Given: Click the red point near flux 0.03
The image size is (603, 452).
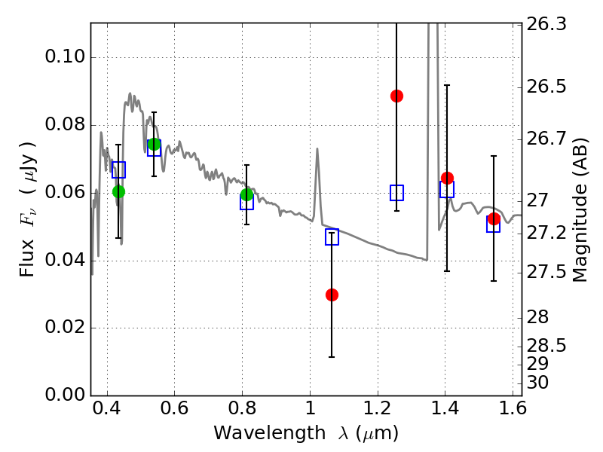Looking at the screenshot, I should click(x=332, y=295).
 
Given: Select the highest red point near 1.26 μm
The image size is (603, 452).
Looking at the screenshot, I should click(x=396, y=96).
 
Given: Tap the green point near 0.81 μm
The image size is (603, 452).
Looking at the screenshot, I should click(x=246, y=195).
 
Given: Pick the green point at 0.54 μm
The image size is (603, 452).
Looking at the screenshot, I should click(x=154, y=144).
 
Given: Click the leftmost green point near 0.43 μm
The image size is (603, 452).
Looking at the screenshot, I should click(x=118, y=191).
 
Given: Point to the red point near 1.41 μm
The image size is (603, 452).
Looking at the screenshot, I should click(x=447, y=178).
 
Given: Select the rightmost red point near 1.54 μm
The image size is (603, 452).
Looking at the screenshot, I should click(x=494, y=218).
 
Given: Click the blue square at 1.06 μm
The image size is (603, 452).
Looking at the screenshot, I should click(x=332, y=237).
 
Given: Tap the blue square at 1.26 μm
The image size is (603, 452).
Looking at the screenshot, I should click(x=396, y=193).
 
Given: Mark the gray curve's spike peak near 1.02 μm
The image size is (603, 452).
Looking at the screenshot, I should click(x=317, y=148).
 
